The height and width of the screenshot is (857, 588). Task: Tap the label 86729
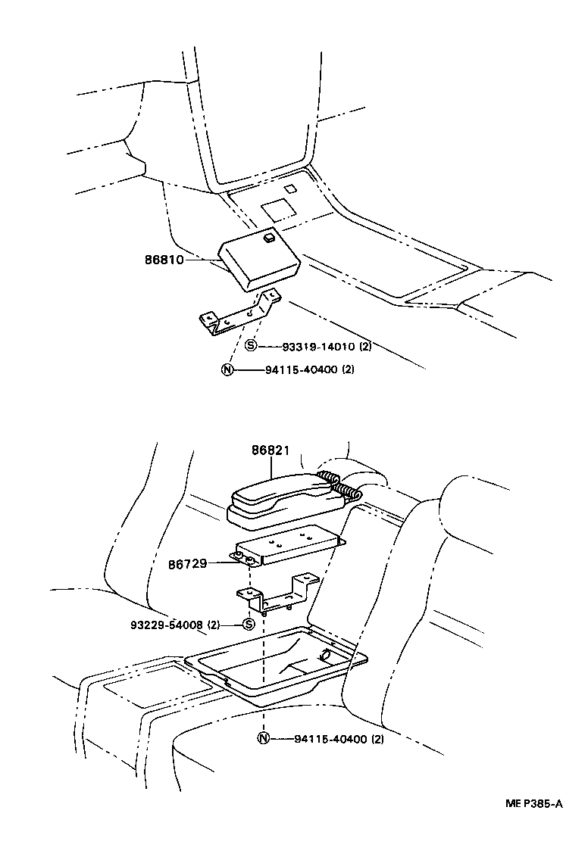click(x=188, y=564)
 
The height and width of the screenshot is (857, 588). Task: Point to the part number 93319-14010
click(x=317, y=347)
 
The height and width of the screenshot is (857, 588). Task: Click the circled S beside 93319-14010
click(x=251, y=347)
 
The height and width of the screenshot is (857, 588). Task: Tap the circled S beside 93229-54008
click(x=247, y=625)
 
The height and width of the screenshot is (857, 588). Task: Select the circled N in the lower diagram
click(x=262, y=740)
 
